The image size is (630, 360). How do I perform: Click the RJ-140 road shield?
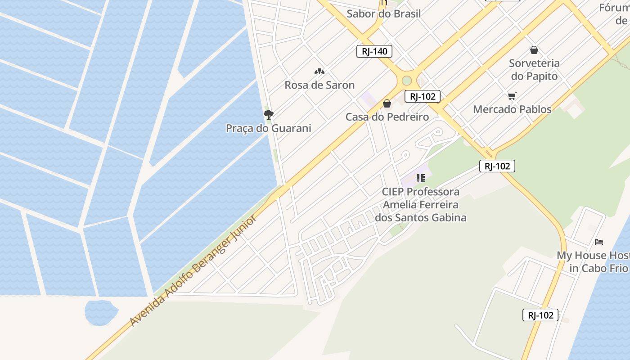click(374, 51)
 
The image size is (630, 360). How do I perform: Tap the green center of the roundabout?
click(407, 81)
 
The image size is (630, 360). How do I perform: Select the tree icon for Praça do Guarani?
click(269, 114)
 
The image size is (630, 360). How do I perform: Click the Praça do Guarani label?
click(268, 128)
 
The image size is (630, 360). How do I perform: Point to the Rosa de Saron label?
click(319, 85)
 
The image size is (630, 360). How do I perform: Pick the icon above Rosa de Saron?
click(319, 71)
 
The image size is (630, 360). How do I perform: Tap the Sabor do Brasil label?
click(383, 13)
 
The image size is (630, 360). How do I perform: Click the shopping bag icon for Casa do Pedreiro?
click(387, 104)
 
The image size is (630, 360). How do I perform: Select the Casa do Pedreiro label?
click(387, 117)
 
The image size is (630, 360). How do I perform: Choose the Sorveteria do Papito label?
click(534, 69)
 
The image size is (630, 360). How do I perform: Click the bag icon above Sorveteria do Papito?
click(534, 50)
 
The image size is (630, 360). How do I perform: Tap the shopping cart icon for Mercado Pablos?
click(512, 96)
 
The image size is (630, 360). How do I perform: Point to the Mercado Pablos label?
click(512, 109)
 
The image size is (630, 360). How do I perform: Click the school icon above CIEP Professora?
click(421, 178)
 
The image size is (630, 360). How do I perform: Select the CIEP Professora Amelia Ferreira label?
click(421, 205)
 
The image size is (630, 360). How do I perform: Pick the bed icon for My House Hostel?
click(598, 242)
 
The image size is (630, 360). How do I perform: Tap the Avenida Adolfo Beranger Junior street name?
click(193, 270)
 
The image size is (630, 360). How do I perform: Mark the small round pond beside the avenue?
click(101, 311)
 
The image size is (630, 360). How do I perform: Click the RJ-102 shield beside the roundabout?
click(422, 96)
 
